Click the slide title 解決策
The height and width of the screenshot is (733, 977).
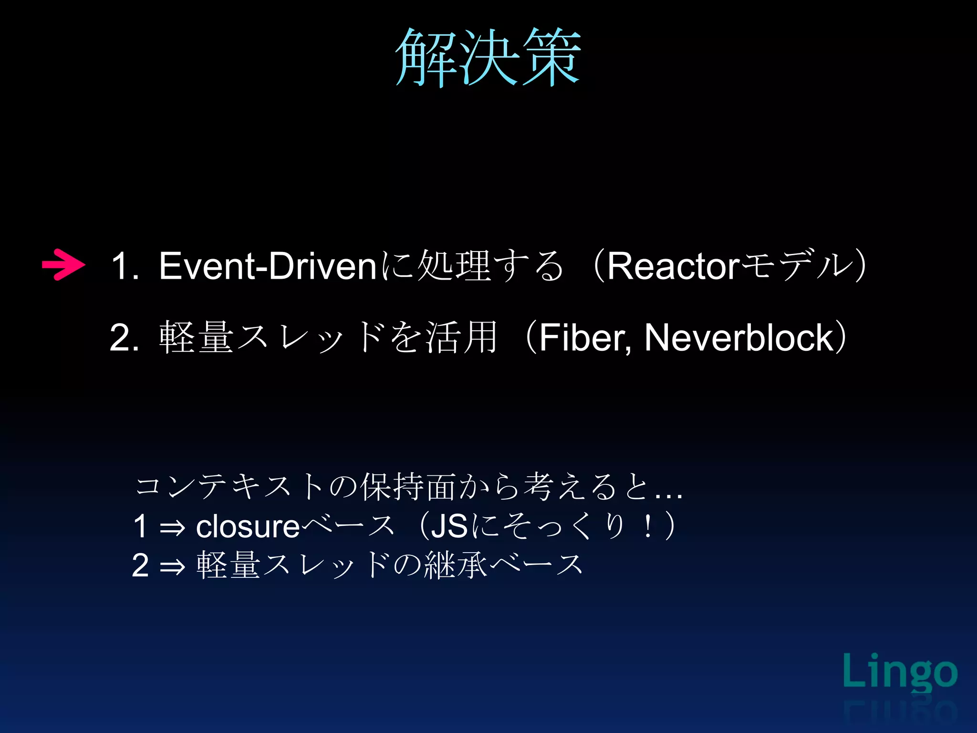488,57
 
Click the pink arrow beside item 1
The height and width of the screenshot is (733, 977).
63,264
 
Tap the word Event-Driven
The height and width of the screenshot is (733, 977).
268,266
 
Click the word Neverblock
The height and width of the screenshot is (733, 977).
738,338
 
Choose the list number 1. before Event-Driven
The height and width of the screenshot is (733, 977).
125,266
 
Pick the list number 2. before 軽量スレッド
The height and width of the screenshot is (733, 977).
124,338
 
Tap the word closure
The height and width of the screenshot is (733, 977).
248,527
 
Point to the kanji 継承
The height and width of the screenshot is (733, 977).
456,565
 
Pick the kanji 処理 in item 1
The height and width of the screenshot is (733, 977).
454,266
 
